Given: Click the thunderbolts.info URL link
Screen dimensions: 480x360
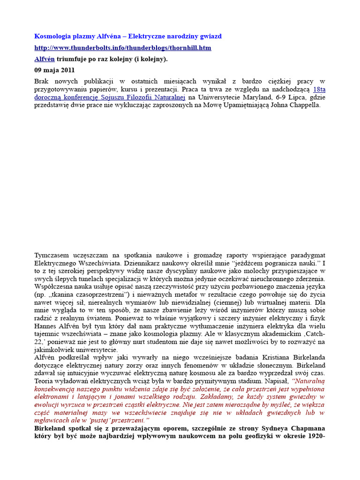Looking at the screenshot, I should pyautogui.click(x=123, y=48).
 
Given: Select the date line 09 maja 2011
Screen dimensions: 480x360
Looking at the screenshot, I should pyautogui.click(x=54, y=70).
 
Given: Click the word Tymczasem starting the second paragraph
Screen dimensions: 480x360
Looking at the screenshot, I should pyautogui.click(x=52, y=255).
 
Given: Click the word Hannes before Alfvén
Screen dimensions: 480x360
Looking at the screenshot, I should pyautogui.click(x=45, y=318).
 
